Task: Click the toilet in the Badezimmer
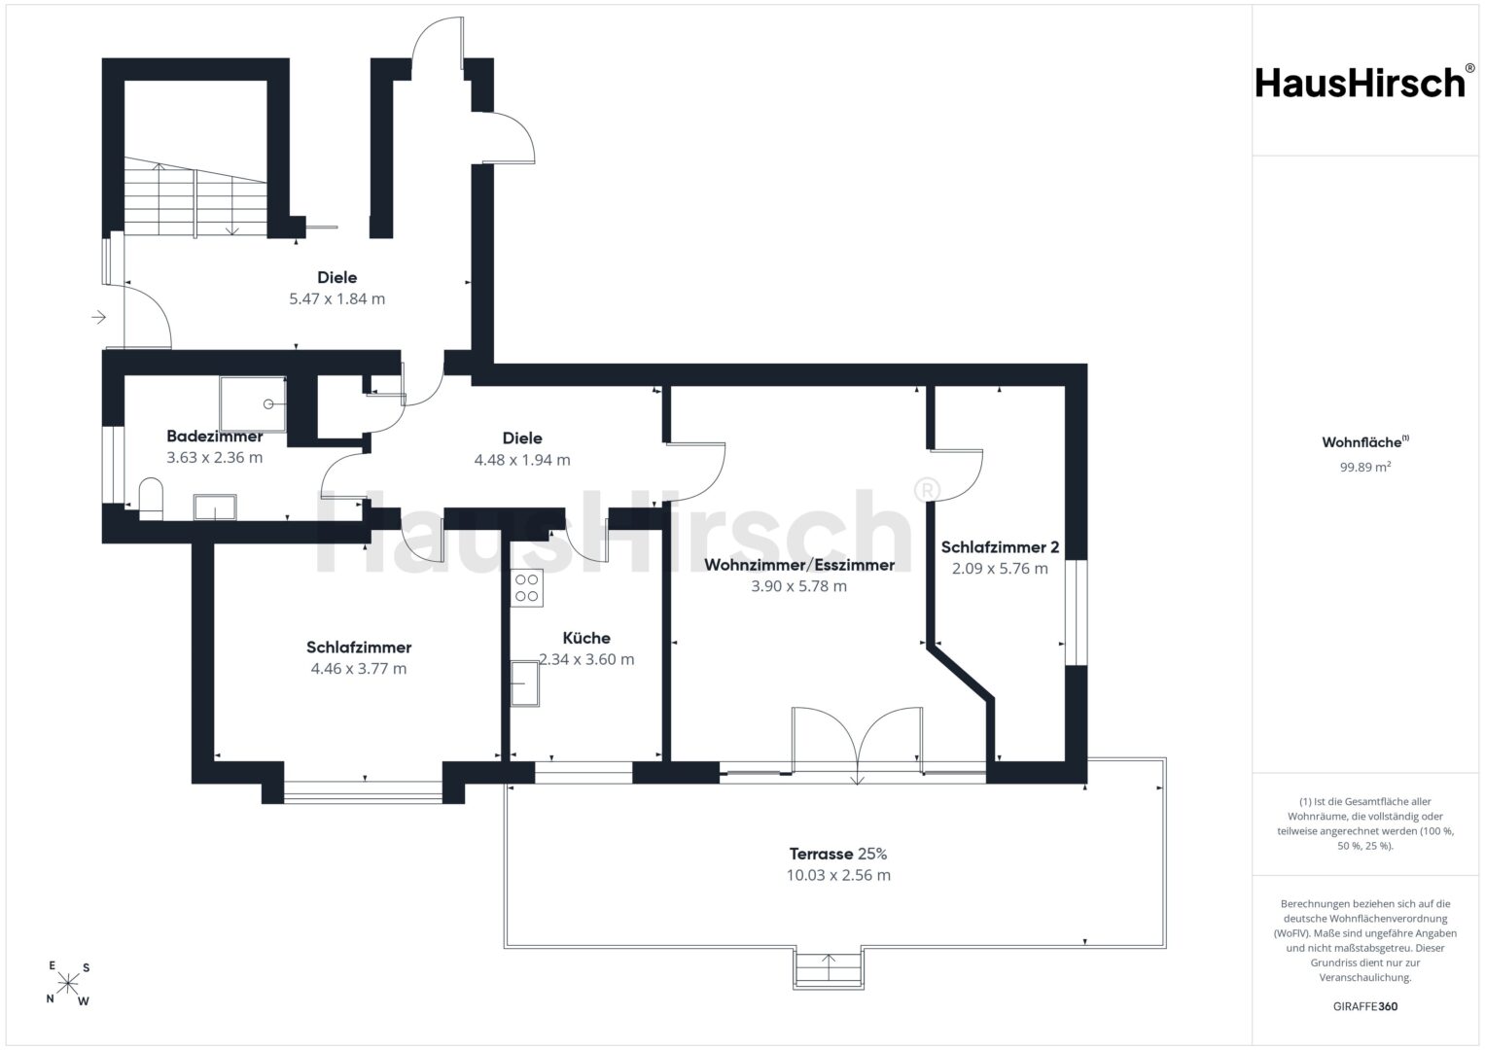coord(151,499)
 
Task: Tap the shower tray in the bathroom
coord(253,403)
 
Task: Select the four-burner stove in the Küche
coord(526,588)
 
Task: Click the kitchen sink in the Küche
coord(524,683)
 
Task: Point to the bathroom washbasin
coord(215,507)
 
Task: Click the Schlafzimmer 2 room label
coord(1000,546)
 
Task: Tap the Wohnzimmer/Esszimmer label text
coord(798,565)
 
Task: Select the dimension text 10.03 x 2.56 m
coord(838,875)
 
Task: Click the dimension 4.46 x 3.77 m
coord(359,668)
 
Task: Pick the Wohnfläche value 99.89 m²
coord(1365,467)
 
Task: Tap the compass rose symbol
coord(68,983)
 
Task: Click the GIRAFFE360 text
coord(1365,1006)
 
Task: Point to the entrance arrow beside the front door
coord(99,318)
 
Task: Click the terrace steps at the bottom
coord(829,968)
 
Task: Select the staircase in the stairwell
coord(195,197)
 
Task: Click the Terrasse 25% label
coord(838,854)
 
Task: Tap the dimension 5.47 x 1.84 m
coord(336,299)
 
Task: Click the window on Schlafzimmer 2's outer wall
coord(1076,612)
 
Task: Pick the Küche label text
coord(586,638)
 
